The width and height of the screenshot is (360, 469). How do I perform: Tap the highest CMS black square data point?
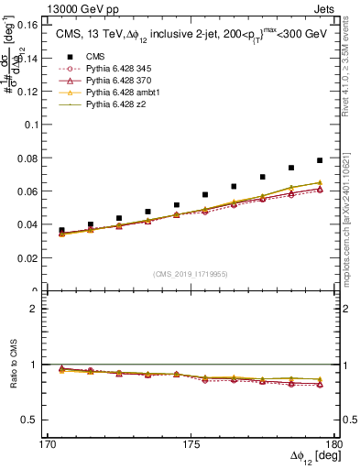coord(320,160)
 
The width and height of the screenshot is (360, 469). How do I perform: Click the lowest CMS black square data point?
coord(61,231)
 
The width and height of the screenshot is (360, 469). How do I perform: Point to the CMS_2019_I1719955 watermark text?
coord(191,273)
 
